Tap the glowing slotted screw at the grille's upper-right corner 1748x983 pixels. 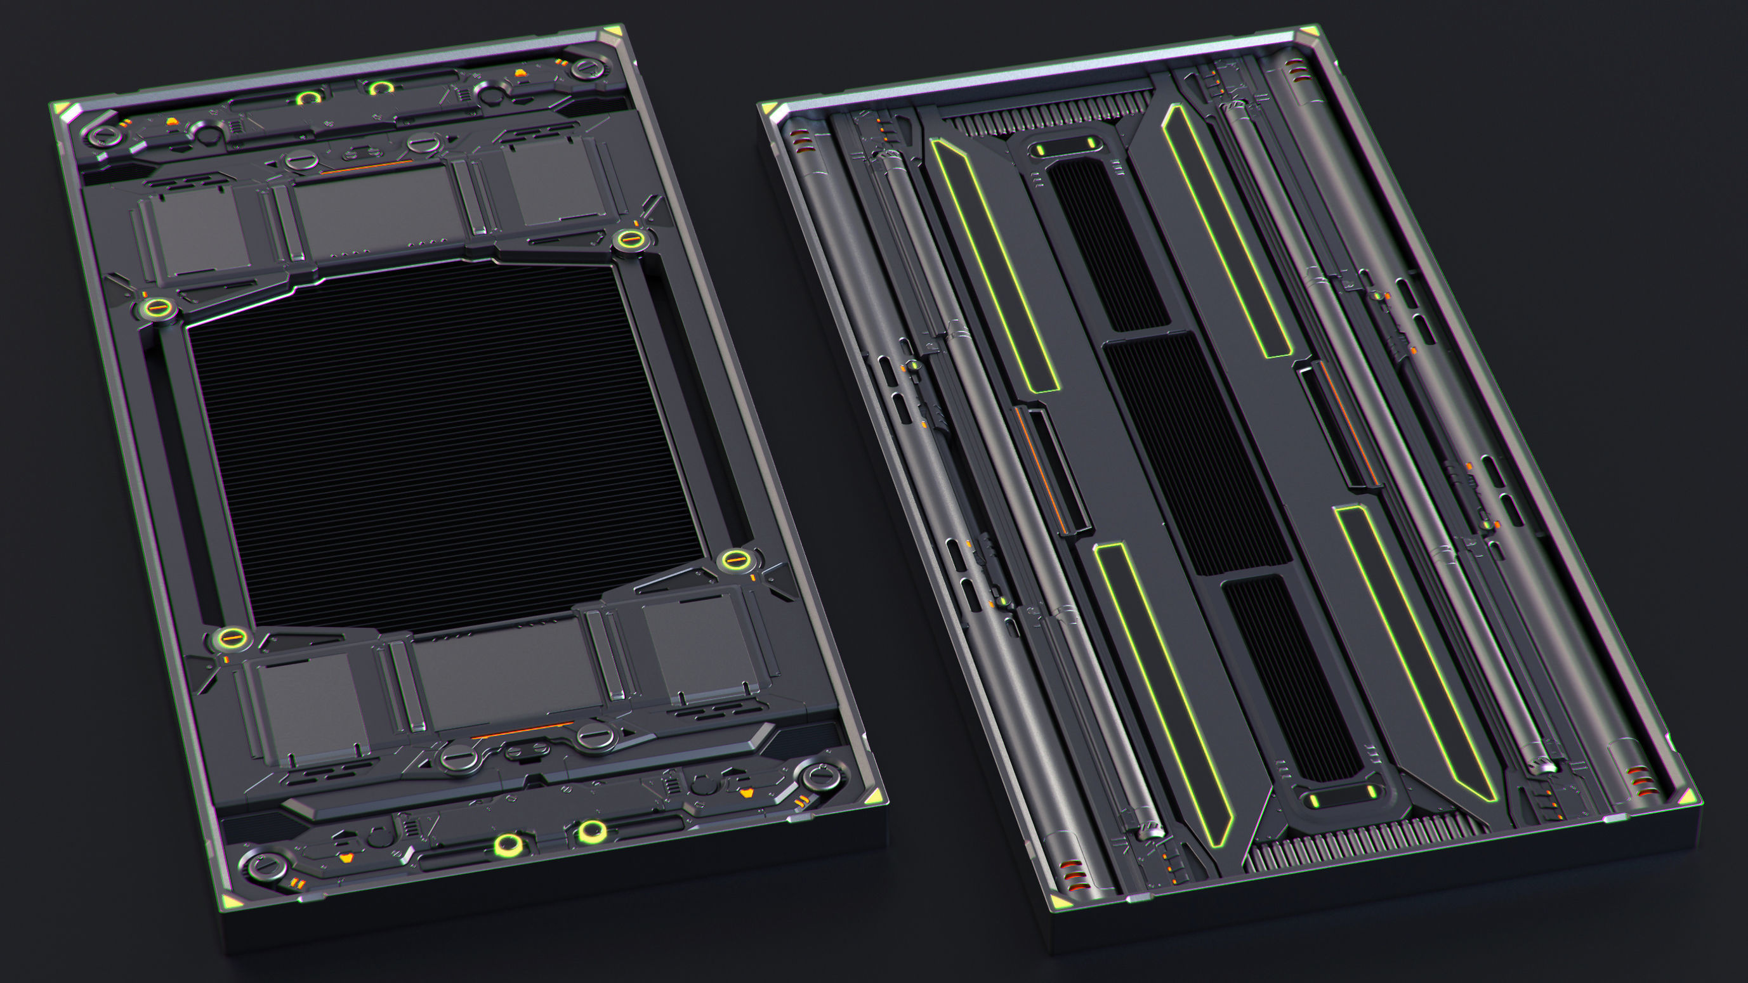(629, 239)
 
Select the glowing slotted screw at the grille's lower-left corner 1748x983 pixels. (231, 638)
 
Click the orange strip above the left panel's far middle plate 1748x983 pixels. (367, 166)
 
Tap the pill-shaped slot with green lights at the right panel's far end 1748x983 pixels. (1065, 146)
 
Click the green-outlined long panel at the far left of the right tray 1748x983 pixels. (994, 264)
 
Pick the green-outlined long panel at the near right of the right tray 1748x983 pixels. (1415, 651)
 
